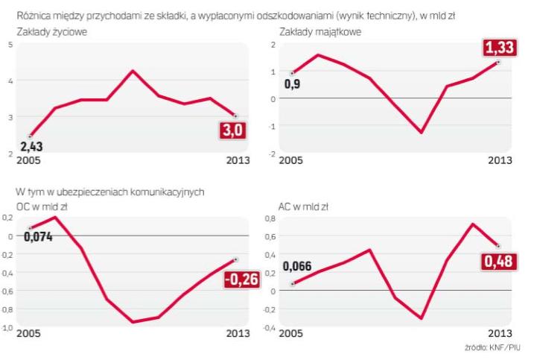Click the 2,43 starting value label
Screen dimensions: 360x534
pyautogui.click(x=31, y=147)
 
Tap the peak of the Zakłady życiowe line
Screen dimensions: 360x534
pyautogui.click(x=132, y=71)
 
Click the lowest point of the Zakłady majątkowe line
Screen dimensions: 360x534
pyautogui.click(x=422, y=133)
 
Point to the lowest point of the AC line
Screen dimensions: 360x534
pyautogui.click(x=422, y=318)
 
